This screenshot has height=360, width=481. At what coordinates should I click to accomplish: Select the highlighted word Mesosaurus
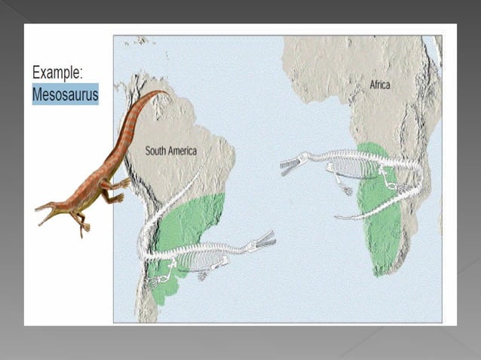tap(65, 96)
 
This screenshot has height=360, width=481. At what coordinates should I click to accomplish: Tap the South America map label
tap(171, 151)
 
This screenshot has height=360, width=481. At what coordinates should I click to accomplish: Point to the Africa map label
tap(380, 85)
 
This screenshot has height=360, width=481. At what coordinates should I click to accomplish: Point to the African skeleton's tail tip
tap(339, 218)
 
